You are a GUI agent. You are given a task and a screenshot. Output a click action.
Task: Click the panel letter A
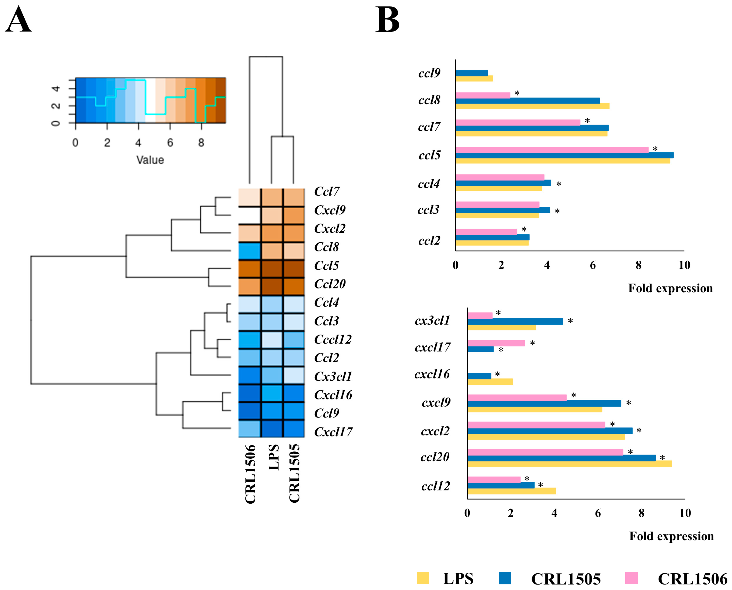(18, 20)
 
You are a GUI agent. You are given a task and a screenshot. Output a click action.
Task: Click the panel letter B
(387, 20)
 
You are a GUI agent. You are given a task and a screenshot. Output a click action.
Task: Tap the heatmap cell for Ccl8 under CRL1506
(250, 251)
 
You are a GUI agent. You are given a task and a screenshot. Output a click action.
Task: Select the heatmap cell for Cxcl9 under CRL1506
(250, 215)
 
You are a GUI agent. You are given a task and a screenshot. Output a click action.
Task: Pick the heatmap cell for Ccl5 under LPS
(272, 269)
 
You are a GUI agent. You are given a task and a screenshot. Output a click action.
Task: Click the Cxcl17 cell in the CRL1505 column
(294, 428)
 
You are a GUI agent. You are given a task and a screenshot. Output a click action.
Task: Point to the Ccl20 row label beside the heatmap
(330, 284)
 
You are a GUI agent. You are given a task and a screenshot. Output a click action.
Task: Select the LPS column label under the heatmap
(274, 457)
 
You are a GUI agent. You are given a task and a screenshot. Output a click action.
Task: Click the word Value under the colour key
(150, 160)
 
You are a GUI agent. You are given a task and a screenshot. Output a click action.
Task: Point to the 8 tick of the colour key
(201, 143)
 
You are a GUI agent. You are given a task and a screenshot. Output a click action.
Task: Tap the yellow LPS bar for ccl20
(569, 464)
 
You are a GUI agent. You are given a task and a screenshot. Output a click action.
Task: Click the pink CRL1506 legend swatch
(631, 578)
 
